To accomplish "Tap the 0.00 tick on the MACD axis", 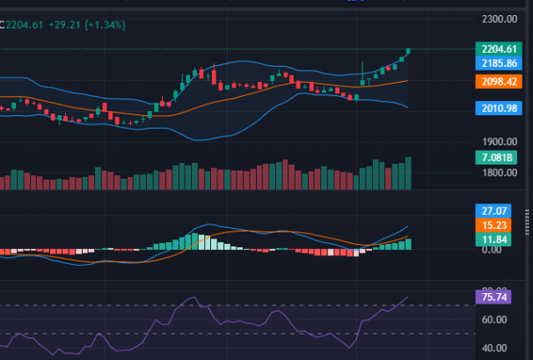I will pos(492,250).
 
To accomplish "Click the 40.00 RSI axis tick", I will pos(493,348).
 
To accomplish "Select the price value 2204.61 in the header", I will pos(26,25).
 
